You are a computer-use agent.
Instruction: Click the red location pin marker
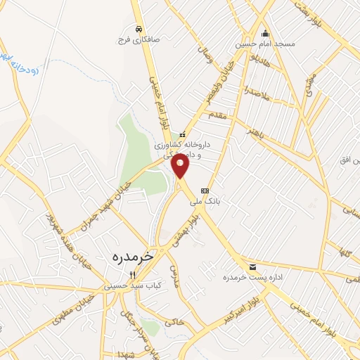(x=181, y=166)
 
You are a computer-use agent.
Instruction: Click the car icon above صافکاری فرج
(x=140, y=29)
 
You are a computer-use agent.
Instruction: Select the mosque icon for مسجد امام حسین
(x=265, y=33)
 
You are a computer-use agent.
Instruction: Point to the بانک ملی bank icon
(x=205, y=191)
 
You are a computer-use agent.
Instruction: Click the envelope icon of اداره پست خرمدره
(x=252, y=266)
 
